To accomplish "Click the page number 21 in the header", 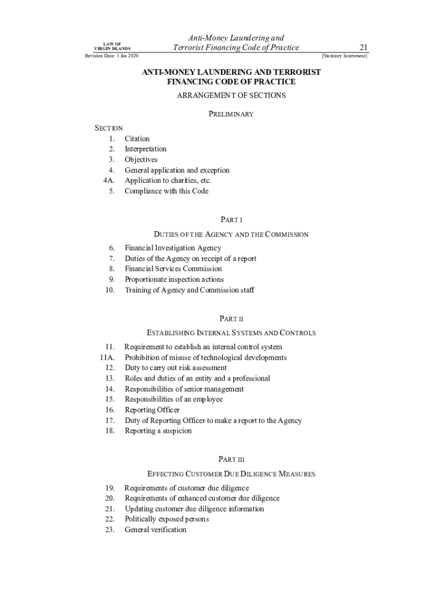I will (x=364, y=47).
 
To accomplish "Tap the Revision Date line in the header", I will (x=112, y=56).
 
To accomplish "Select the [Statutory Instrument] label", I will (x=344, y=56).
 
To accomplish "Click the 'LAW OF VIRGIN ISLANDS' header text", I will (x=112, y=46).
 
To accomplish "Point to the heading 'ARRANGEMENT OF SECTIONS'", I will (x=231, y=96).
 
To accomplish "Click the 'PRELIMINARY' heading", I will (x=231, y=114).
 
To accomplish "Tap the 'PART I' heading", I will (x=231, y=220).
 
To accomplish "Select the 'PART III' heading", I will (x=231, y=459).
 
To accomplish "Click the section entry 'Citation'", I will (x=137, y=139).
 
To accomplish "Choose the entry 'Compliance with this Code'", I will (x=167, y=191).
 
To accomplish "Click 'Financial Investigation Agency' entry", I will (x=173, y=248).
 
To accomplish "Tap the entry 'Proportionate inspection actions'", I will (x=174, y=280).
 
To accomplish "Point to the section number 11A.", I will (x=107, y=357).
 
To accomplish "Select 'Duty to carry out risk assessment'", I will (x=176, y=368).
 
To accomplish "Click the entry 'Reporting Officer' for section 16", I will (x=148, y=410).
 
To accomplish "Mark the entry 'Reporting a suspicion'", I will (x=158, y=431).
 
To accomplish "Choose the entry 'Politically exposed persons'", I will (x=167, y=519).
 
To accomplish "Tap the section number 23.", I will (x=110, y=530).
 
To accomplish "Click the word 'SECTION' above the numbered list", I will (x=109, y=128).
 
